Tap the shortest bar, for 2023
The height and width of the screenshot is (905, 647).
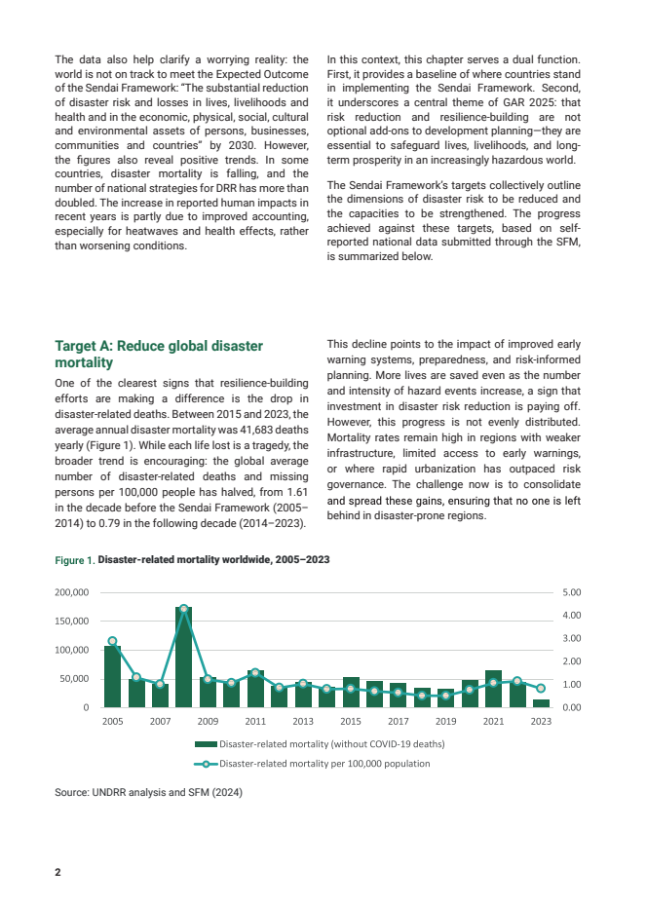(x=541, y=702)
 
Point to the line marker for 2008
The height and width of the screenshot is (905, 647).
(x=183, y=609)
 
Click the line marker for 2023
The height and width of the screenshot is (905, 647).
(x=541, y=688)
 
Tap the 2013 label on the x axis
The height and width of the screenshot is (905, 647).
(x=303, y=722)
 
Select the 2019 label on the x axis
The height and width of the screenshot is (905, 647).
(x=446, y=722)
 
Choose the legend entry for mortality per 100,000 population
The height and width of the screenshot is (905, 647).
(x=324, y=764)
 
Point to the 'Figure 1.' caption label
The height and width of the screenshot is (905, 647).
(x=75, y=561)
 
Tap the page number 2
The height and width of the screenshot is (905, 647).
(x=57, y=872)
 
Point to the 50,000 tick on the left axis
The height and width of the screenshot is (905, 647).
(x=76, y=678)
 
